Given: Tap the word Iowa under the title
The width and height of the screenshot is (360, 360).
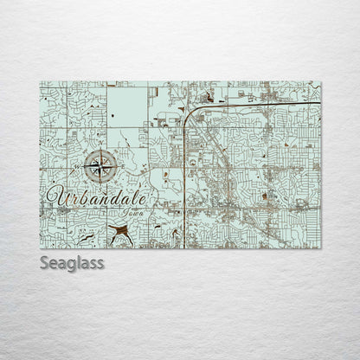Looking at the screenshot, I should tap(133, 211).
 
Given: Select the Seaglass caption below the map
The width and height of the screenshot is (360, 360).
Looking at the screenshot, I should tap(72, 262).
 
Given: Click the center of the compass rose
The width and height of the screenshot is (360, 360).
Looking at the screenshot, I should tap(101, 164).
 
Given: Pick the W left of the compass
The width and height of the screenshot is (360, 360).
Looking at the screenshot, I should tap(81, 164).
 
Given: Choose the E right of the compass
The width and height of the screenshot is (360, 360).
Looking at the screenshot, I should tap(120, 164).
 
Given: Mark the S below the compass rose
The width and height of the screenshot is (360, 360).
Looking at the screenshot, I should tap(101, 182).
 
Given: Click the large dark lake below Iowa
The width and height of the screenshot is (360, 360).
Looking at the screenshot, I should tap(119, 231).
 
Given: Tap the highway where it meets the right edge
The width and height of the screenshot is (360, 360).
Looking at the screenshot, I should tap(319, 103).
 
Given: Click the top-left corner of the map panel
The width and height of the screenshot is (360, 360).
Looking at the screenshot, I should tap(40, 82).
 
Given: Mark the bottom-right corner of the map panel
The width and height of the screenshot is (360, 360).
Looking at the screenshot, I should tap(320, 248).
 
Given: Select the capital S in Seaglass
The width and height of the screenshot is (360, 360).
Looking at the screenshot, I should tap(44, 262).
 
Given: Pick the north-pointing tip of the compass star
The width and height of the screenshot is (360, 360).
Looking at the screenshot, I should tap(101, 151).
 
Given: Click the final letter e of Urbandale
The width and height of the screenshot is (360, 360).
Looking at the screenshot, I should tap(143, 200).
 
